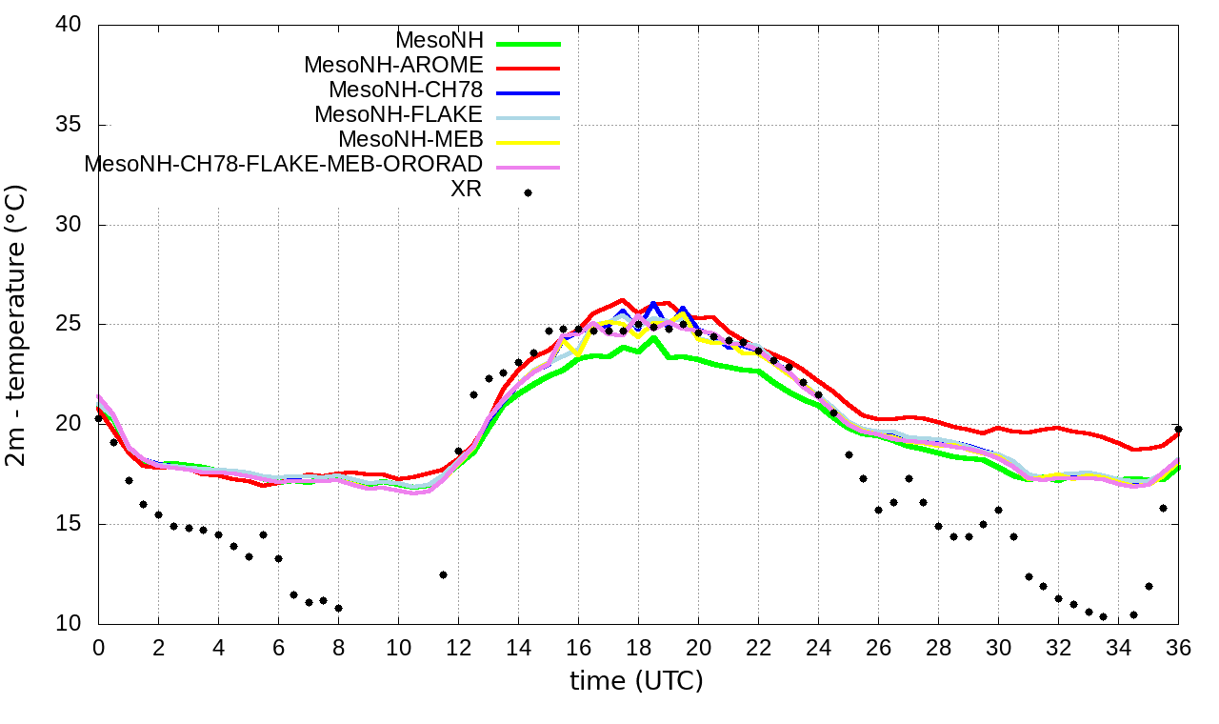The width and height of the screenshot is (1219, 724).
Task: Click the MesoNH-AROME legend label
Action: (x=393, y=65)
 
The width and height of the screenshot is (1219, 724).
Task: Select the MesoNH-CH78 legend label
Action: (x=406, y=90)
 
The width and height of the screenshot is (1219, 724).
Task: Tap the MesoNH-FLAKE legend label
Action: (x=399, y=114)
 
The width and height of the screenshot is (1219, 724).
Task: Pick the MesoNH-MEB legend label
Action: (x=411, y=139)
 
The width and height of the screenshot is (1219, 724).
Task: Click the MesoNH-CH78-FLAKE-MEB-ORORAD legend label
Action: (x=284, y=164)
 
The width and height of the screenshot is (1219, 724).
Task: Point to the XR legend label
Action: (x=467, y=189)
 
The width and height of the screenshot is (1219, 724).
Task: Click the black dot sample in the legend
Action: (x=528, y=192)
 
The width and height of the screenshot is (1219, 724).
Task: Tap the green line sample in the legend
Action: (x=528, y=43)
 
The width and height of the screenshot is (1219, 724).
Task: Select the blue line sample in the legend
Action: (x=528, y=92)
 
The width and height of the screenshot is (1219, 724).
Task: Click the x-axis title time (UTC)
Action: (x=636, y=681)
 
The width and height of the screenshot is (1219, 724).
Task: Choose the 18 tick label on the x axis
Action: (x=638, y=646)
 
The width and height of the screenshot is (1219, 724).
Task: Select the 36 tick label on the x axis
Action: (x=1178, y=646)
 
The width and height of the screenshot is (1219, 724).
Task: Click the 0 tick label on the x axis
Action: (x=98, y=646)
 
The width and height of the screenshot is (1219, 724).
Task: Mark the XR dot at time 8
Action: (x=338, y=608)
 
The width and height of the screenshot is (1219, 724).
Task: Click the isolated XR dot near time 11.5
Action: (x=443, y=574)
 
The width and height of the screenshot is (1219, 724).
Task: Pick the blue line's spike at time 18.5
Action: (x=653, y=304)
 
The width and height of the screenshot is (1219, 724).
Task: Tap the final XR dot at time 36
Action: (x=1178, y=429)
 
